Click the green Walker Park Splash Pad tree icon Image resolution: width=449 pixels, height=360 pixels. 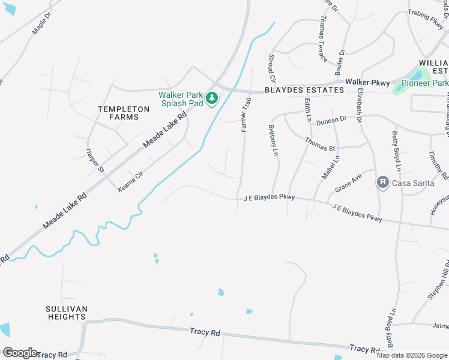pyautogui.click(x=211, y=98)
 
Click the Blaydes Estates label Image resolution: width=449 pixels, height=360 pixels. pyautogui.click(x=304, y=90)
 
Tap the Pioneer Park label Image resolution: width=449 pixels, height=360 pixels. pyautogui.click(x=425, y=83)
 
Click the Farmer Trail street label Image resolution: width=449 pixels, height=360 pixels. pyautogui.click(x=245, y=116)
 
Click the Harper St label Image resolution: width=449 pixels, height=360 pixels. pyautogui.click(x=95, y=160)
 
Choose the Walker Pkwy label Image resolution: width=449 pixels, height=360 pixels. pyautogui.click(x=367, y=82)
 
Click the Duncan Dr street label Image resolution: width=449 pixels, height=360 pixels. pyautogui.click(x=331, y=120)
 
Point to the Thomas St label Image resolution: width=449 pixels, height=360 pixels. pyautogui.click(x=319, y=144)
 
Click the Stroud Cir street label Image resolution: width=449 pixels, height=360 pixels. pyautogui.click(x=272, y=68)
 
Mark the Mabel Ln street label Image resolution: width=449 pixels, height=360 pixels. pyautogui.click(x=331, y=167)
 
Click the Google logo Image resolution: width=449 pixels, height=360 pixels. pyautogui.click(x=20, y=353)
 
